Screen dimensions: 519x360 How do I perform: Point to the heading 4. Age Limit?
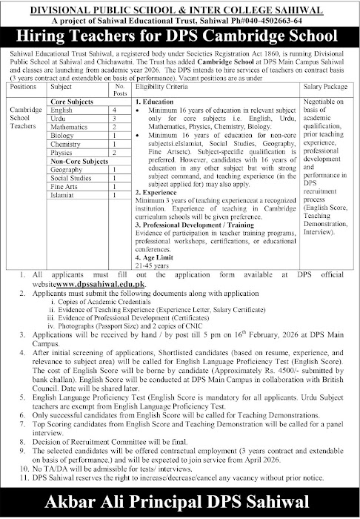pyautogui.click(x=157, y=258)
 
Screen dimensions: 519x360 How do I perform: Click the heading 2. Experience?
pyautogui.click(x=158, y=194)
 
